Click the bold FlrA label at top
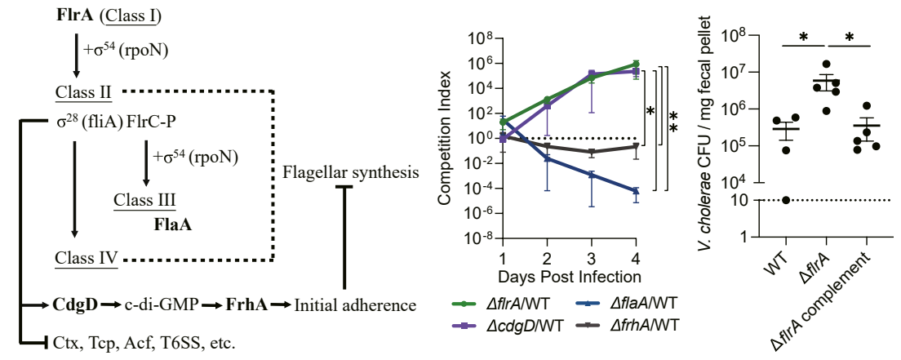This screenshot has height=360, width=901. pyautogui.click(x=74, y=15)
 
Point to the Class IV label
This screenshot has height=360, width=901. pyautogui.click(x=85, y=260)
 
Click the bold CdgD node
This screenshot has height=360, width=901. pyautogui.click(x=76, y=306)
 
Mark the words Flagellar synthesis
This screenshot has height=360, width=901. pyautogui.click(x=351, y=173)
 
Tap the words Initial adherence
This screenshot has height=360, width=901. pyautogui.click(x=355, y=306)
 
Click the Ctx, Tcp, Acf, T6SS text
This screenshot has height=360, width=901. pyautogui.click(x=143, y=341)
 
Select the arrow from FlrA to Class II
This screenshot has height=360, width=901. pyautogui.click(x=76, y=55)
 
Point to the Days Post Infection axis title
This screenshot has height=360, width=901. pyautogui.click(x=569, y=276)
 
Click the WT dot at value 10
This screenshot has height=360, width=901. pyautogui.click(x=787, y=200)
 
